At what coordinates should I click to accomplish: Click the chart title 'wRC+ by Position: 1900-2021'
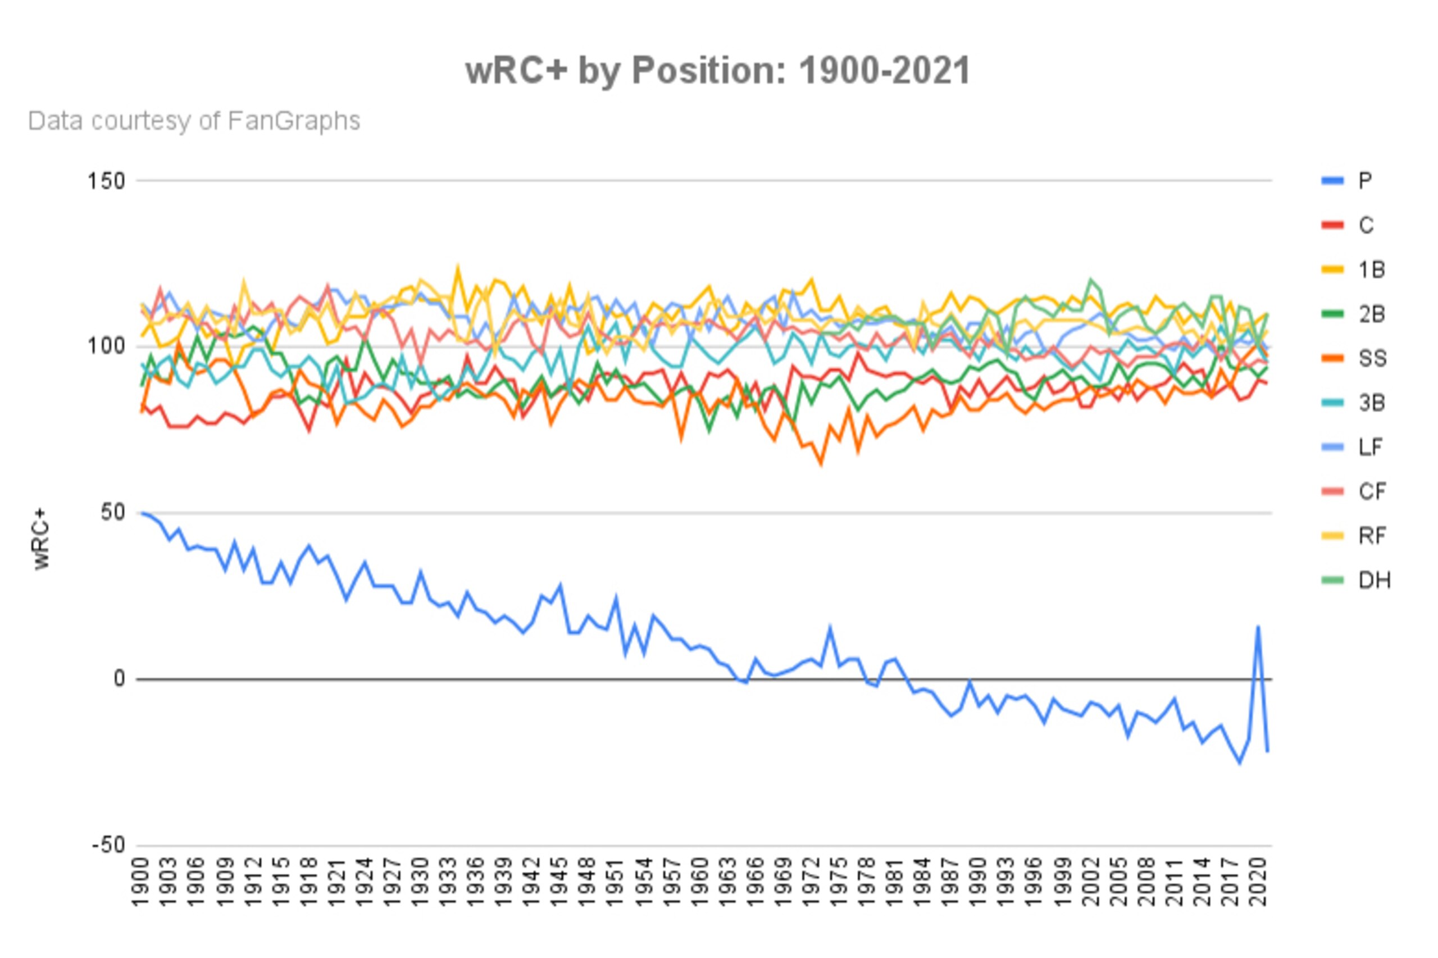click(717, 70)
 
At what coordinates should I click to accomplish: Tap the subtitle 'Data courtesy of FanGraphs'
click(194, 121)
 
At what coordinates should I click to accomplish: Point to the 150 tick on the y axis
click(106, 181)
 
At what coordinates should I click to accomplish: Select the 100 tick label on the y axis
click(106, 346)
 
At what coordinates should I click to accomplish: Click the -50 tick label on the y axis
click(108, 846)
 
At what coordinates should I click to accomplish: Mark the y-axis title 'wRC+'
click(42, 539)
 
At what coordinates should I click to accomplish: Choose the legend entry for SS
click(1353, 358)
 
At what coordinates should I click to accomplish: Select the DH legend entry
click(1355, 580)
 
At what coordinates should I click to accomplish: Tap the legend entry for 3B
click(1353, 403)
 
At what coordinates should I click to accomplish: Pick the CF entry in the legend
click(1353, 491)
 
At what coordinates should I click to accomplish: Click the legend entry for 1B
click(1353, 270)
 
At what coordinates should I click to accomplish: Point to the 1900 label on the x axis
click(140, 882)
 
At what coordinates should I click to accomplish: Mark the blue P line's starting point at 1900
click(141, 513)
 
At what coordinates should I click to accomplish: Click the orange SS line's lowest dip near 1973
click(821, 464)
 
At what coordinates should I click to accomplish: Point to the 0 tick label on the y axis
click(119, 679)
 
